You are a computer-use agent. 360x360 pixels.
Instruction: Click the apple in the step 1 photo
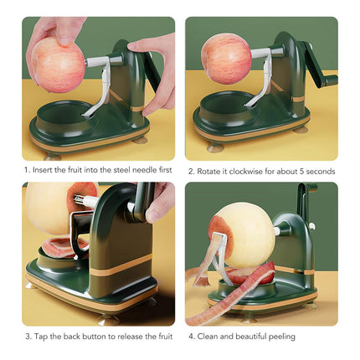[x=57, y=65]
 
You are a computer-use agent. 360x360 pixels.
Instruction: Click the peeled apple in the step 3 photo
[x=50, y=209]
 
